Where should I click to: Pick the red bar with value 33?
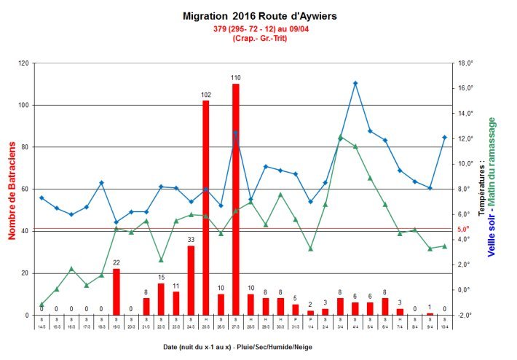point(191,280)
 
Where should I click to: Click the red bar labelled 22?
point(116,291)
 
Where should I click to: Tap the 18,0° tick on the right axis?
point(465,63)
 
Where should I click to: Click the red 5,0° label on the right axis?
point(465,230)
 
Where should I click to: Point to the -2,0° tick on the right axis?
point(465,315)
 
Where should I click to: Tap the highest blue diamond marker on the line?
point(355,83)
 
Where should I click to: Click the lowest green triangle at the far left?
point(42,305)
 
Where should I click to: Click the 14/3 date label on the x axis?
point(42,327)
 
